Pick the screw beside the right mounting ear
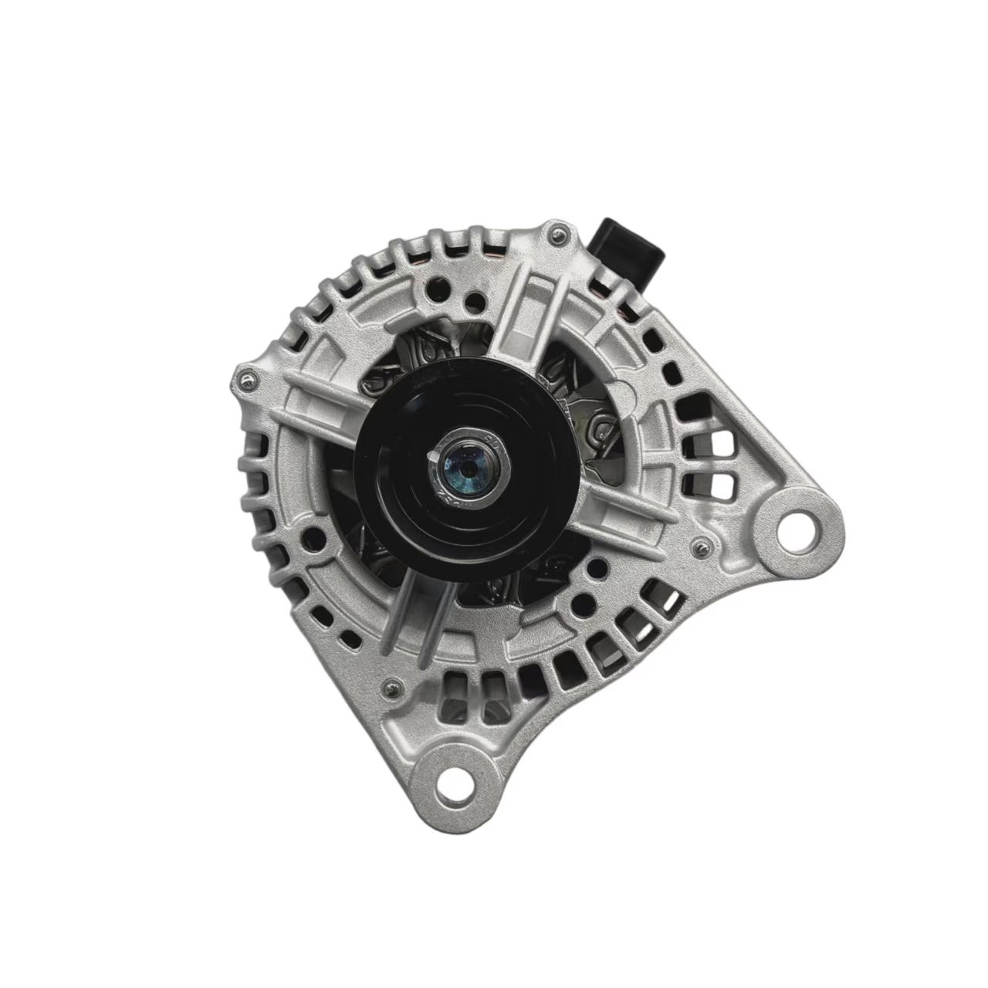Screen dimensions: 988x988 tap(699, 547)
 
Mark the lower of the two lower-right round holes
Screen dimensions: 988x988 tap(574, 599)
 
